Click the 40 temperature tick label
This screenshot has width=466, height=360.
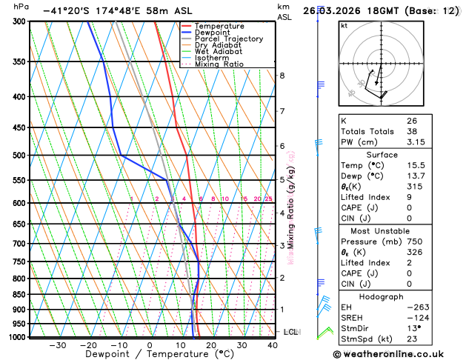point(273,345)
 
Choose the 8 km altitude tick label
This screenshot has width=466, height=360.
point(282,76)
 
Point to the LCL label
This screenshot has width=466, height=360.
point(290,332)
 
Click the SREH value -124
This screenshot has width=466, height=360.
point(416,318)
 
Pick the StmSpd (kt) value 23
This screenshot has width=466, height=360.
point(411,339)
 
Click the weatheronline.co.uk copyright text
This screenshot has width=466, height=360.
point(393,354)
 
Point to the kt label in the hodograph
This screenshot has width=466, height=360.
point(344,26)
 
